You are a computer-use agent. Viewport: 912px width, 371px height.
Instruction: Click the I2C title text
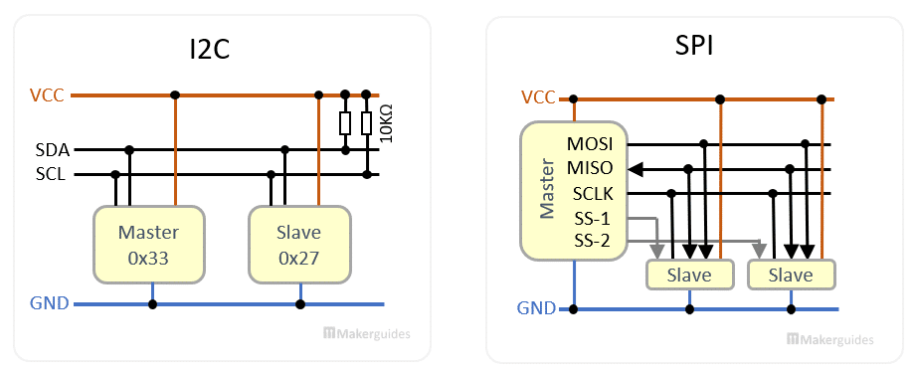(210, 49)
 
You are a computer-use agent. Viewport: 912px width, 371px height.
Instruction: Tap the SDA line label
(52, 150)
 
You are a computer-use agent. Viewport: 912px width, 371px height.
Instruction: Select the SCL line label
(52, 174)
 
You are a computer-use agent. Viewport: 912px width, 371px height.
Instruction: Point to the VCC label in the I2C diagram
(49, 95)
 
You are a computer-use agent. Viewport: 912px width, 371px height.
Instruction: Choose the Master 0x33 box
(148, 245)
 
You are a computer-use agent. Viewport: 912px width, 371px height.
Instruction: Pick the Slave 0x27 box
(299, 245)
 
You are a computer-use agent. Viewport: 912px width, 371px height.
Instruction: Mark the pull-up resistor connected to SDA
(345, 123)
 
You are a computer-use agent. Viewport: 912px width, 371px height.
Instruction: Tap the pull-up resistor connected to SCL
(367, 123)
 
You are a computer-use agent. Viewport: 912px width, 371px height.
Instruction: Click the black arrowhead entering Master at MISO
(637, 168)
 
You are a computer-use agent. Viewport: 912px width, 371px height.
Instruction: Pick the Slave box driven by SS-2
(792, 275)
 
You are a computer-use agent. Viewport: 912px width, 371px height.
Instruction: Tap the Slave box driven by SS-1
(689, 275)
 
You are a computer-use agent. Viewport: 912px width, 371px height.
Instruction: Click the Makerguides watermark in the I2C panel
(367, 335)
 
